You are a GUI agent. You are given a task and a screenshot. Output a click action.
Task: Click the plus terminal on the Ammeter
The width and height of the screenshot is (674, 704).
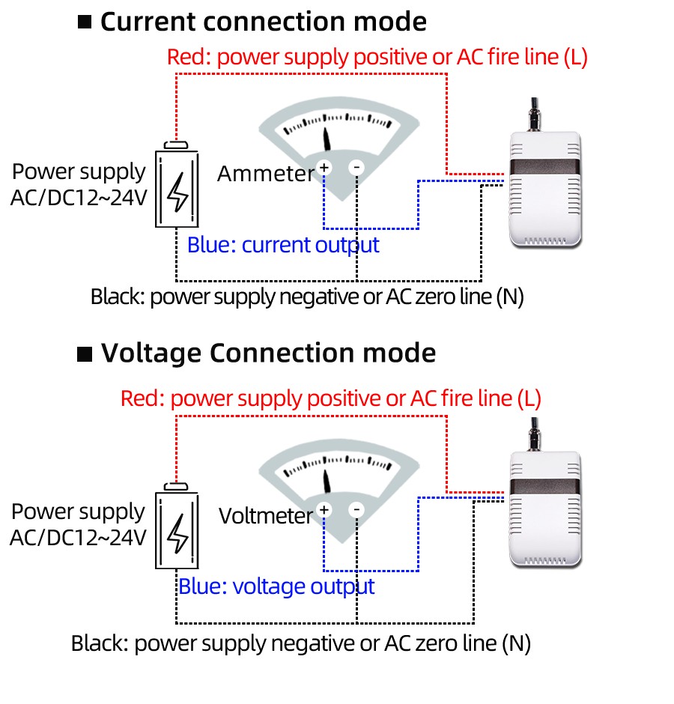point(324,167)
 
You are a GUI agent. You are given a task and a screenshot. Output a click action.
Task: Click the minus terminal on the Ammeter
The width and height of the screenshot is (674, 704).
point(356,167)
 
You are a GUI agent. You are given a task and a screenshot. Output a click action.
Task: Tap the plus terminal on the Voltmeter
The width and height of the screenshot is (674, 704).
point(324,510)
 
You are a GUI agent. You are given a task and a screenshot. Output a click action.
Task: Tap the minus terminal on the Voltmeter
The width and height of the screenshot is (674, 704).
point(356,510)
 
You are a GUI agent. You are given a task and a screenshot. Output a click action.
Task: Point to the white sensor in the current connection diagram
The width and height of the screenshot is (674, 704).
point(545,187)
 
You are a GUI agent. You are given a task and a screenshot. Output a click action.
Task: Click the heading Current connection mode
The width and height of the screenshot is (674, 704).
point(264,22)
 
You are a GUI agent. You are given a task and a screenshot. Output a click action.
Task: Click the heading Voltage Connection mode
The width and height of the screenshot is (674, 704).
point(268,353)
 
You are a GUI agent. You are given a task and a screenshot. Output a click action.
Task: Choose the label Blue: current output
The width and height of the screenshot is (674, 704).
point(283,245)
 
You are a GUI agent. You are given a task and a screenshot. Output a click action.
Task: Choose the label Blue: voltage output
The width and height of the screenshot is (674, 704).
point(276,586)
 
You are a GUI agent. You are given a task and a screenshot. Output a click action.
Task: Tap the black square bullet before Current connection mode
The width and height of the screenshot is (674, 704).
point(85,22)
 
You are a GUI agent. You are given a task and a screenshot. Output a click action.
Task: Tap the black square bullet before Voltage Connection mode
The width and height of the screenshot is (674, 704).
point(85,353)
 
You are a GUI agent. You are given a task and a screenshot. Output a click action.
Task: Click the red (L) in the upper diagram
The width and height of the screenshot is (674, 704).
point(574,58)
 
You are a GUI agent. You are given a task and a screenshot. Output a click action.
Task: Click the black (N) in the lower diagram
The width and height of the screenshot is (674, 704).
point(516,643)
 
